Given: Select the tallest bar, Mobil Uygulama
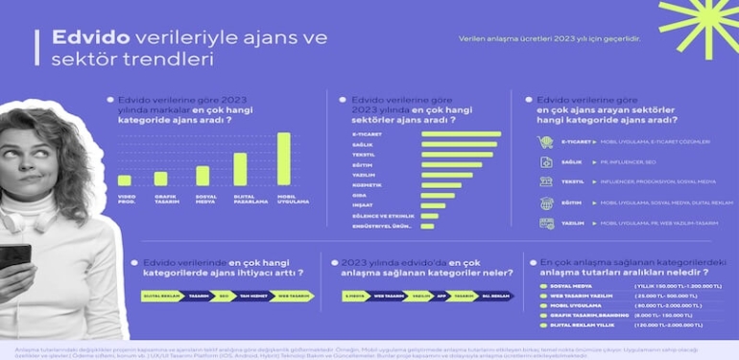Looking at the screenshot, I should point(283,158).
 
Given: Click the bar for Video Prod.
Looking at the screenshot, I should point(125,180).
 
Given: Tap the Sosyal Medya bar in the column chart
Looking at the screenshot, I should point(203,176).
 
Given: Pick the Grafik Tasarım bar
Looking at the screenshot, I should point(161,179).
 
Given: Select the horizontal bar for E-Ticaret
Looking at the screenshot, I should point(461,133).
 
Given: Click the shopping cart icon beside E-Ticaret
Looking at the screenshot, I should point(545,142).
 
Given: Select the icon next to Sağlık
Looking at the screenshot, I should point(545,162).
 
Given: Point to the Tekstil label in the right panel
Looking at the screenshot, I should point(573,182).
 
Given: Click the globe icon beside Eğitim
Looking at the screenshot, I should point(545,203).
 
